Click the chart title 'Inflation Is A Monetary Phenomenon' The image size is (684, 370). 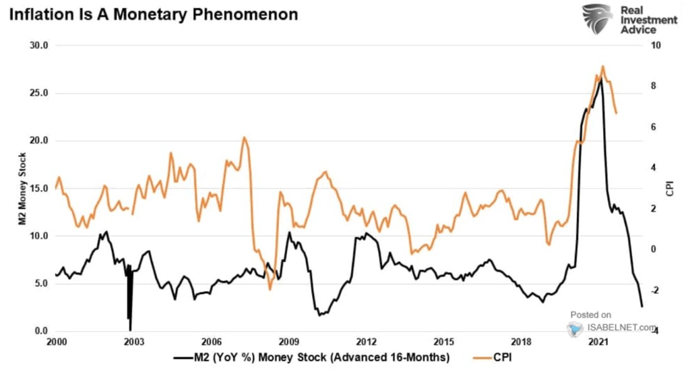[x=153, y=14]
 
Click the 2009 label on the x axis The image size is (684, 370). [x=288, y=342]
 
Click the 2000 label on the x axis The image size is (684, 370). [x=56, y=342]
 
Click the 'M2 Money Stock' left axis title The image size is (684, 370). [x=22, y=188]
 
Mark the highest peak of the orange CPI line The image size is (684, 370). [x=602, y=66]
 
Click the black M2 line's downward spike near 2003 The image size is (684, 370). [x=130, y=329]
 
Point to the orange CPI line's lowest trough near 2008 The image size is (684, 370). [x=270, y=289]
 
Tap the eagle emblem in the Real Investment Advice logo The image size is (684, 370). [x=597, y=18]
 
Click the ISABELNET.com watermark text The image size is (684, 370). [x=619, y=327]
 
